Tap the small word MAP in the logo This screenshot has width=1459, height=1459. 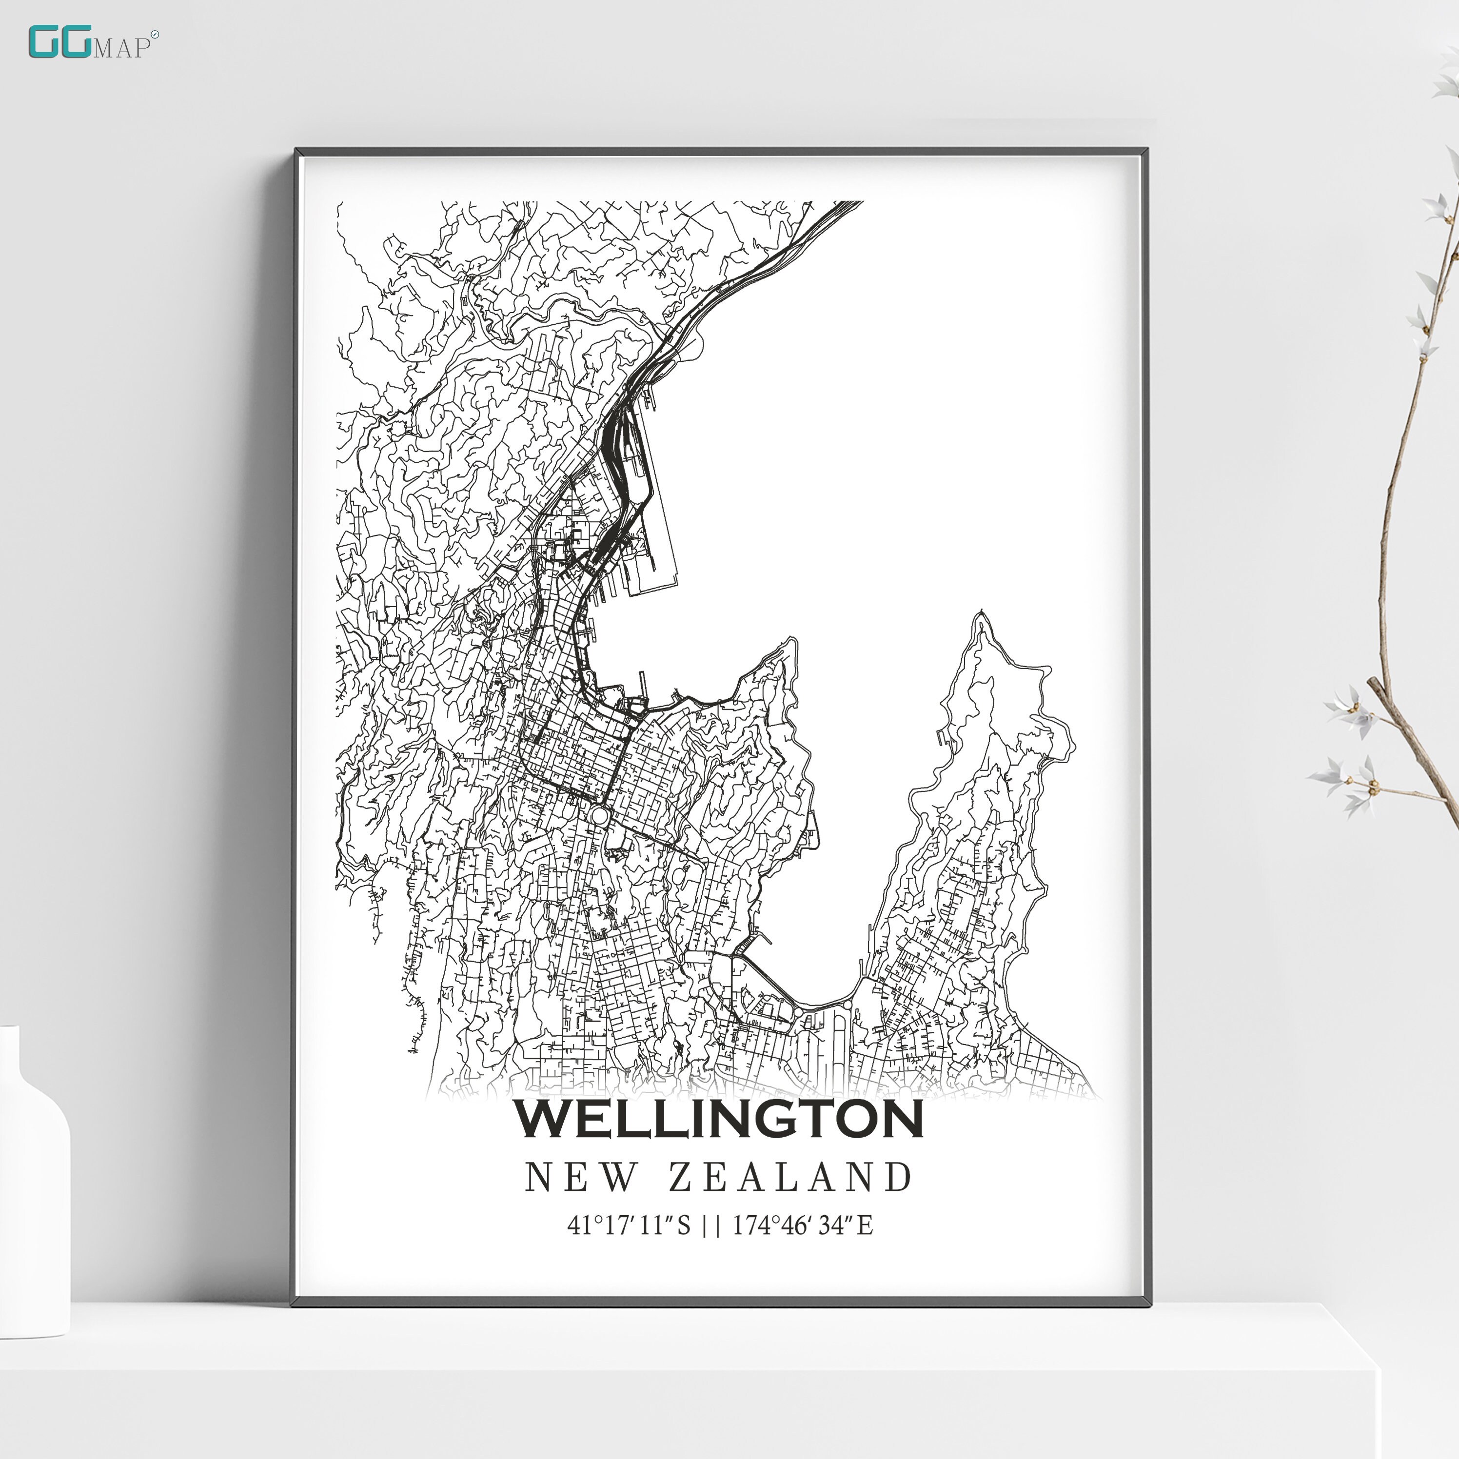coord(121,48)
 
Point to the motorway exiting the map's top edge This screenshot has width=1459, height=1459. coord(846,205)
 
